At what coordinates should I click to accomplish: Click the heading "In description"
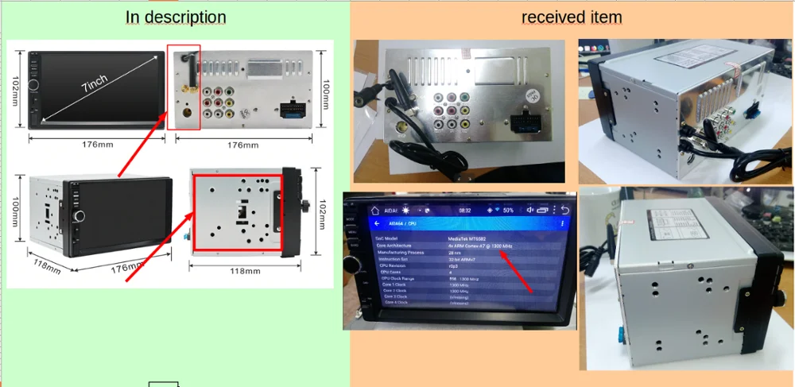[x=176, y=17]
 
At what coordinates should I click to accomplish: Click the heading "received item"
[x=572, y=17]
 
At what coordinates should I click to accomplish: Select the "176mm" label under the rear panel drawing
[x=242, y=145]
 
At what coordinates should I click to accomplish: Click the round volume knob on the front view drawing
[x=34, y=84]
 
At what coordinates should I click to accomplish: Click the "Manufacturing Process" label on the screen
[x=401, y=253]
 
